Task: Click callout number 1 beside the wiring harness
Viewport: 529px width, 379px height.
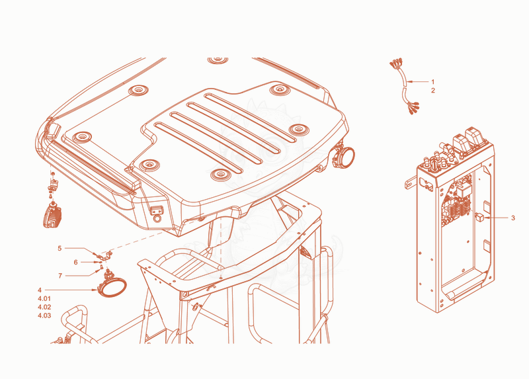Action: [433, 81]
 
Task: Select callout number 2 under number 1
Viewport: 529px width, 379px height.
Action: [433, 91]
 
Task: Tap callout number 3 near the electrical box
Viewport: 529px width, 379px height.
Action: [513, 218]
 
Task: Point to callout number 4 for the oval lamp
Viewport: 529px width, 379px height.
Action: [40, 290]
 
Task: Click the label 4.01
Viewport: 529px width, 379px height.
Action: [44, 299]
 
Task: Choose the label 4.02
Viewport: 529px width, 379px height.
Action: [44, 307]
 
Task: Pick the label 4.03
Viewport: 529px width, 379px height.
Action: [44, 316]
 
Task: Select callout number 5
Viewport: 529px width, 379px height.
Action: [60, 249]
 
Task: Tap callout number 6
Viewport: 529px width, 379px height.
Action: [75, 262]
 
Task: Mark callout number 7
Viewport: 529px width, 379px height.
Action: [60, 276]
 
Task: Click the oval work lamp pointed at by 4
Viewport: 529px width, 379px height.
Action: [112, 288]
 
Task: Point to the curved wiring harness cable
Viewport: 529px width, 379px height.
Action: [404, 87]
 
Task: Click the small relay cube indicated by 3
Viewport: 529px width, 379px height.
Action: [479, 217]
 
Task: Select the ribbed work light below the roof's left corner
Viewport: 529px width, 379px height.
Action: [52, 215]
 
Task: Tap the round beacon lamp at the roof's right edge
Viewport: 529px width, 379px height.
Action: [343, 156]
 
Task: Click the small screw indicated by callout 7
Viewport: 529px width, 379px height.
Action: [98, 270]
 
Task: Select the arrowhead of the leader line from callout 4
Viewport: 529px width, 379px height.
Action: [95, 290]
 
